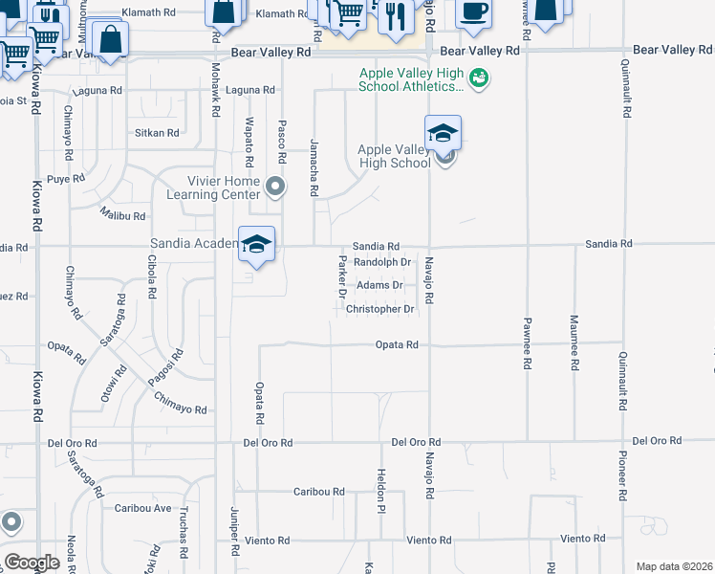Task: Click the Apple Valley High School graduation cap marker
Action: pyautogui.click(x=443, y=133)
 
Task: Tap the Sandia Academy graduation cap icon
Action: pyautogui.click(x=256, y=244)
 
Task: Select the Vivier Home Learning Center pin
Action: pyautogui.click(x=275, y=186)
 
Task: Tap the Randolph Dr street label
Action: pyautogui.click(x=381, y=261)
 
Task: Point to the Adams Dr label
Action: pyautogui.click(x=379, y=285)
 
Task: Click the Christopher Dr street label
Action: pyautogui.click(x=379, y=309)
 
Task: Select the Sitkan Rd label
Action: pyautogui.click(x=158, y=133)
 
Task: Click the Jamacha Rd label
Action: pyautogui.click(x=313, y=167)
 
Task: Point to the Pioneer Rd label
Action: pyautogui.click(x=622, y=474)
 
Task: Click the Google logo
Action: pyautogui.click(x=32, y=563)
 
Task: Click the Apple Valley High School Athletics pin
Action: pyautogui.click(x=480, y=78)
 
